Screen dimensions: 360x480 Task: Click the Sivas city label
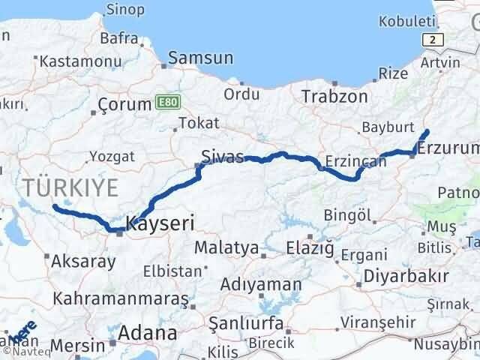pos(223,157)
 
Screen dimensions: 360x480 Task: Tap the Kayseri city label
pos(160,223)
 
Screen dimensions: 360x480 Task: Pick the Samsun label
pos(201,58)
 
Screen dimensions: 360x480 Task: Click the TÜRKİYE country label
pos(70,188)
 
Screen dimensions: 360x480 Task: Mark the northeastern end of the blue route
pos(427,131)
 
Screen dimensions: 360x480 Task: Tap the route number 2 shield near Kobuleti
pos(433,39)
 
